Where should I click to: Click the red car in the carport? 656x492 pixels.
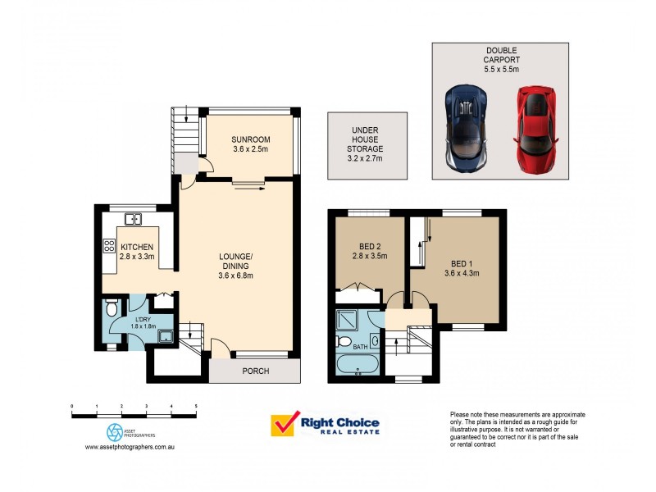click(535, 130)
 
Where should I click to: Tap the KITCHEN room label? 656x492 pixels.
click(137, 247)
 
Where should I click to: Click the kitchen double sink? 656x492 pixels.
click(134, 219)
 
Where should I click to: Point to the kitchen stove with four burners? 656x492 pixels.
click(108, 245)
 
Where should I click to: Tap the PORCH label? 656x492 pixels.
click(256, 371)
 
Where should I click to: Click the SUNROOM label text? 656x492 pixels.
click(250, 139)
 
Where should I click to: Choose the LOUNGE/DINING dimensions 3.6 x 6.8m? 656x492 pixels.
click(235, 276)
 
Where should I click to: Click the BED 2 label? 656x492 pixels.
click(368, 246)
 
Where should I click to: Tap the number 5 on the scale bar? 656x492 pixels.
click(195, 406)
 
